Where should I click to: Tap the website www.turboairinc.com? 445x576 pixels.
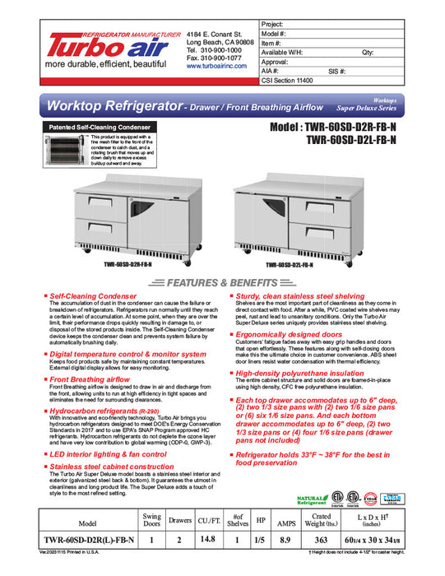click(x=217, y=66)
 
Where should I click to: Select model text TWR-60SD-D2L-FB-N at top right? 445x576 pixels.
click(x=351, y=141)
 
